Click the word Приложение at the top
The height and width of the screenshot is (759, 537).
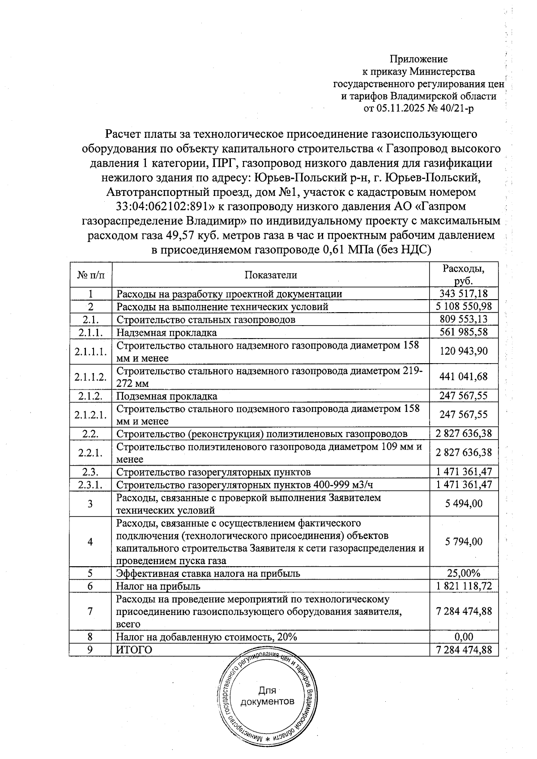tap(418, 59)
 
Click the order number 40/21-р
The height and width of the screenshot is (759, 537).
tap(456, 108)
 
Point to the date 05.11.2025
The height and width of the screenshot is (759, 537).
tap(399, 108)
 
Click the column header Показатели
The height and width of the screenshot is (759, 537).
tap(270, 275)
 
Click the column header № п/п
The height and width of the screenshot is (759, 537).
tap(90, 275)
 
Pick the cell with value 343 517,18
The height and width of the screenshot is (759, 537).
tap(464, 294)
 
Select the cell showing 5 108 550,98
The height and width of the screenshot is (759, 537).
tap(464, 306)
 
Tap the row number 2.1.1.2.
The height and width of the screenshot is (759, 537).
tap(90, 377)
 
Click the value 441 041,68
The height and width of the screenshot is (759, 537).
tap(464, 377)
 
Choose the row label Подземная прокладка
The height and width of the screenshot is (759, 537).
tap(167, 396)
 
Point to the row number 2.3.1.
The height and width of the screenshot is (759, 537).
tap(90, 485)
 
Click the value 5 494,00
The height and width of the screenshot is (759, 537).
tap(464, 504)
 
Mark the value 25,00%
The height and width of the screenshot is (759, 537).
tap(464, 573)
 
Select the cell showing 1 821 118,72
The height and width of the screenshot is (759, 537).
tap(464, 586)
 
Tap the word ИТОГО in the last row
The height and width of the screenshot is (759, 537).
tap(134, 649)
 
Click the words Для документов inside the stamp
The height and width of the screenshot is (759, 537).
tap(267, 695)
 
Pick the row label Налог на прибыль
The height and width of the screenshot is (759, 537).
tap(158, 586)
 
